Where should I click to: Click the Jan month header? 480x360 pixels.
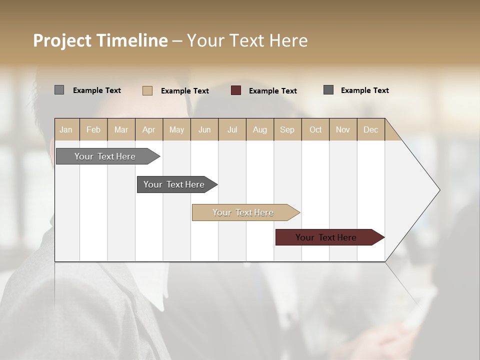[x=66, y=129]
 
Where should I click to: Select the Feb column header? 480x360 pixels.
[x=93, y=129]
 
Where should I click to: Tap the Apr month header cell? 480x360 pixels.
[x=148, y=129]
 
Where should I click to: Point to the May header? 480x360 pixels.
[x=176, y=129]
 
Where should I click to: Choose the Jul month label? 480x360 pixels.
[x=232, y=129]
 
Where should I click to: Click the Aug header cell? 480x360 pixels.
[x=259, y=129]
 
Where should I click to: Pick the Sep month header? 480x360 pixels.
[x=287, y=129]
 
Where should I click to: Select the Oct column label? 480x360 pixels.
[x=315, y=129]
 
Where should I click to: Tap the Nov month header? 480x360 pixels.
[x=342, y=129]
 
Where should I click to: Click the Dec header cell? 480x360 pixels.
[x=370, y=129]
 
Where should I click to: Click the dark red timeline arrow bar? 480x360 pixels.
[x=328, y=237]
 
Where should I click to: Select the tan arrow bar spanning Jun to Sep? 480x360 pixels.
[x=244, y=212]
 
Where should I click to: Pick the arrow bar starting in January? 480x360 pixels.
[x=106, y=156]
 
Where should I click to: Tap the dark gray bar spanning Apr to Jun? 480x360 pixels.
[x=175, y=184]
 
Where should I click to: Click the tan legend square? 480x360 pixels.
[x=147, y=90]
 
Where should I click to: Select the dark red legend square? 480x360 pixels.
[x=236, y=90]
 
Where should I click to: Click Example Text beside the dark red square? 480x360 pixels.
[x=272, y=91]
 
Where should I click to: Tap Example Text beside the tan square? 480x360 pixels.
[x=184, y=91]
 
